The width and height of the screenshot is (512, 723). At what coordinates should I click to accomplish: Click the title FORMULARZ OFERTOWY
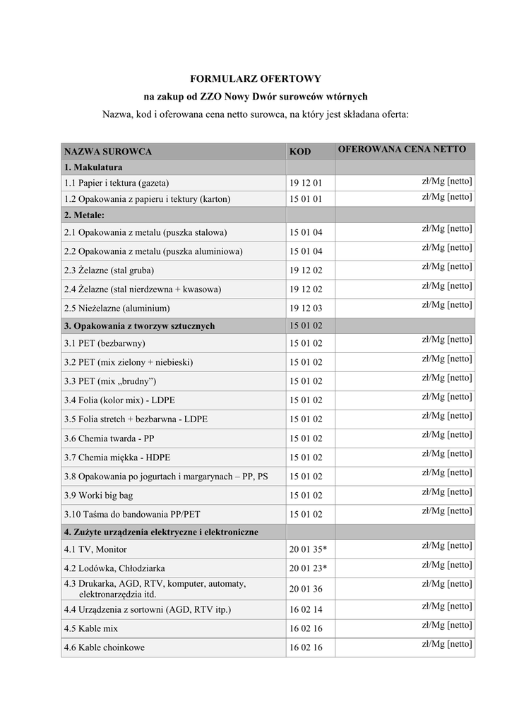tap(256, 78)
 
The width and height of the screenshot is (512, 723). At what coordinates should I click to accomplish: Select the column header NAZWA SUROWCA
tap(108, 152)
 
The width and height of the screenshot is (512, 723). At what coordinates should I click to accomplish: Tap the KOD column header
tap(300, 152)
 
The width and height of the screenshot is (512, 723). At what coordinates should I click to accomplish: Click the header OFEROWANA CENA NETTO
tap(402, 150)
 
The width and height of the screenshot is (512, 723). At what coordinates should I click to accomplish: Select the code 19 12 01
tap(305, 183)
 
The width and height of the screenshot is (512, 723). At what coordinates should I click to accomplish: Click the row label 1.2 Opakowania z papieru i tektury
tap(147, 199)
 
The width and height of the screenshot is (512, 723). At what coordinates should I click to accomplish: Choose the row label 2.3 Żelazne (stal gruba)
tap(109, 270)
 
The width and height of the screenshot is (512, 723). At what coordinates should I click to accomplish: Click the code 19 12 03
tap(305, 309)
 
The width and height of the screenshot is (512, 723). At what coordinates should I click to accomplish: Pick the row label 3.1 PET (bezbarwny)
tap(105, 343)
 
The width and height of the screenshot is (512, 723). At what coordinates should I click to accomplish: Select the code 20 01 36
tap(305, 589)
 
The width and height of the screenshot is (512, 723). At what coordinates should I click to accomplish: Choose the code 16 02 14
tap(305, 609)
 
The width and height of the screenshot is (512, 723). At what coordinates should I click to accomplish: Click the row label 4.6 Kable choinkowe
tap(104, 647)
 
